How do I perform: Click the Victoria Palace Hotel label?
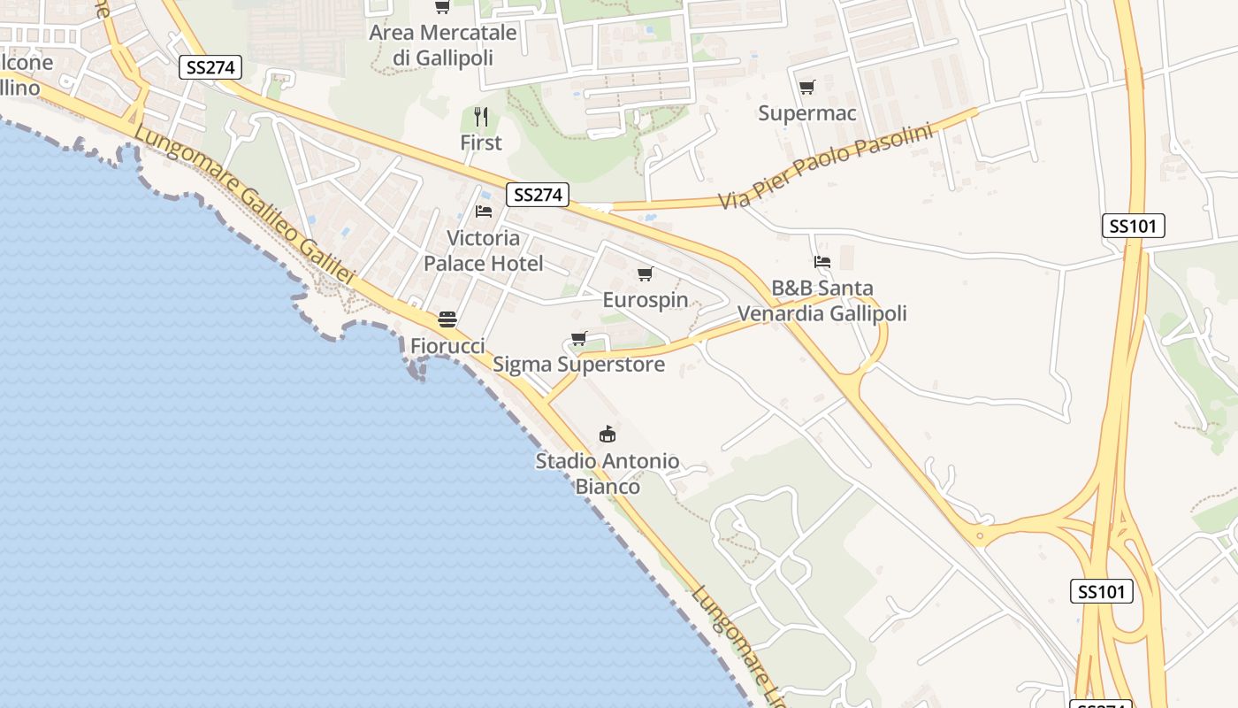coord(483,250)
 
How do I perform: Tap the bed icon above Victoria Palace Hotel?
coord(484,212)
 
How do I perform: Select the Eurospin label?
coord(646,300)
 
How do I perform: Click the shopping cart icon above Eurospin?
coord(646,273)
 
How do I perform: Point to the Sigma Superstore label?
coord(578,364)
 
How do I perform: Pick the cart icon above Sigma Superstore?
coord(579,338)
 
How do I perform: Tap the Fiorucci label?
coord(447,345)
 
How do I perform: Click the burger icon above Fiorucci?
coord(447,319)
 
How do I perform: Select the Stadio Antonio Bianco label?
coord(608,473)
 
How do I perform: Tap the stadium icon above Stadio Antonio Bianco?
coord(608,434)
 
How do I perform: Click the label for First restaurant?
coord(481,142)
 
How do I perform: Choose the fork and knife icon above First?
coord(481,116)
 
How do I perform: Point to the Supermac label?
coord(807,113)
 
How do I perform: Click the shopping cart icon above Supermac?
coord(806,87)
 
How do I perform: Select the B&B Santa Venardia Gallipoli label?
coord(822,301)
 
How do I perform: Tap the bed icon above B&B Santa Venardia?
coord(822,262)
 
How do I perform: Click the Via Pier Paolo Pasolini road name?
coord(827,166)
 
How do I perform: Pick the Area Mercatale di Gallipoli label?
coord(443,45)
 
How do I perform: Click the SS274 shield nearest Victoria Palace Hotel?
coord(538,195)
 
